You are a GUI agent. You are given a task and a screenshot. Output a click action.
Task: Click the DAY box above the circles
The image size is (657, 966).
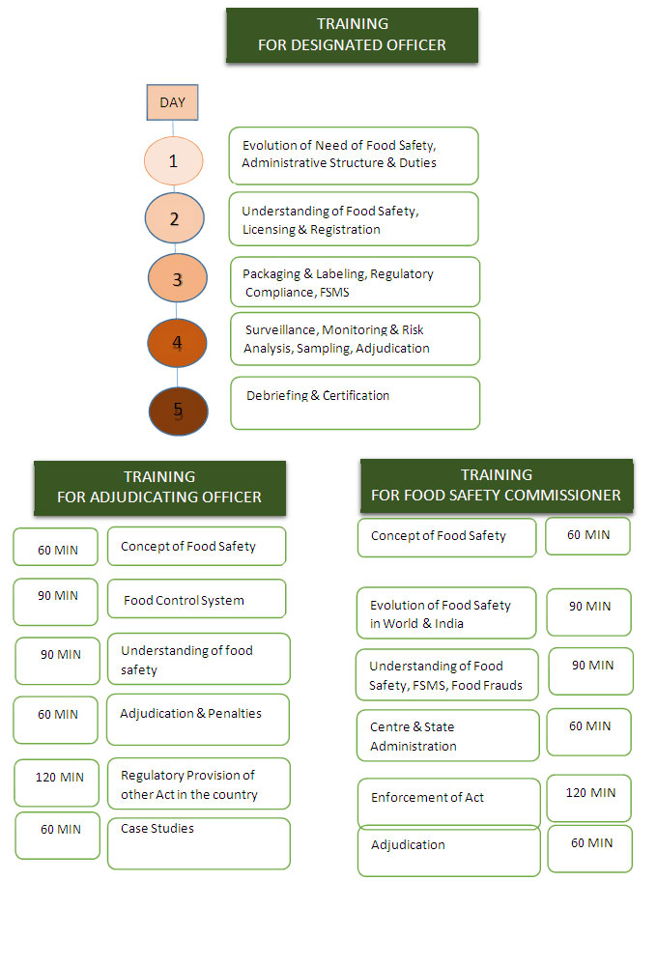point(172,101)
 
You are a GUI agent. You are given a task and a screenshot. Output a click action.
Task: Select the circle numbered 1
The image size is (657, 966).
point(174,160)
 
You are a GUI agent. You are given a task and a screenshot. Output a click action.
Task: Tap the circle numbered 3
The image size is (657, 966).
point(177,279)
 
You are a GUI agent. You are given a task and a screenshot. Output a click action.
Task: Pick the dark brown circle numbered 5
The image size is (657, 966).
point(178,411)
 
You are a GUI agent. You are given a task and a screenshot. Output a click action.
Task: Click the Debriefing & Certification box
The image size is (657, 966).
point(355,403)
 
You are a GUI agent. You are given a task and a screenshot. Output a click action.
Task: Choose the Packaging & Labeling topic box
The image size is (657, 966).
point(355,281)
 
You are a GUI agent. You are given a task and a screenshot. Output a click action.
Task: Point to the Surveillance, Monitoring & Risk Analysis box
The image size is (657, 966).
point(355,339)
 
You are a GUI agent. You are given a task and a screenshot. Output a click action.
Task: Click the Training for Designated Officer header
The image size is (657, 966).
point(352,35)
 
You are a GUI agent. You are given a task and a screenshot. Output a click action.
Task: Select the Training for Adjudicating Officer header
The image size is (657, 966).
point(159,487)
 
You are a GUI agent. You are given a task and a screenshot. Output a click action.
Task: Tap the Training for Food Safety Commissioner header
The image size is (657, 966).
point(497,485)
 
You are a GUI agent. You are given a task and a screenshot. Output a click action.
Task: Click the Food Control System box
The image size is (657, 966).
point(197,599)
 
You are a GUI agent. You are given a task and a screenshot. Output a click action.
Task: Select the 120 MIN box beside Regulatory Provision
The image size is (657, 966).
point(58,782)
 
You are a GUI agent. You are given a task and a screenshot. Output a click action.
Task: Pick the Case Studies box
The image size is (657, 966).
point(199,843)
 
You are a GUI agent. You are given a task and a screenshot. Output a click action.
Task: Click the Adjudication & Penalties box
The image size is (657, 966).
point(198,720)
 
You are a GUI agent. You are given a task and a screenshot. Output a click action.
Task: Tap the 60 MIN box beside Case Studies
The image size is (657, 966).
point(58,836)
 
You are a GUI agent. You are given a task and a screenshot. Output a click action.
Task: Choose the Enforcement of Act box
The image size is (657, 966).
point(448,803)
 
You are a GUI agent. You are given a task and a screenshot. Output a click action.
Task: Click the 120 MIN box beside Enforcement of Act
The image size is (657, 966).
point(589,798)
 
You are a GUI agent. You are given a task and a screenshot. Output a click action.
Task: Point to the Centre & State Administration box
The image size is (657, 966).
point(448,735)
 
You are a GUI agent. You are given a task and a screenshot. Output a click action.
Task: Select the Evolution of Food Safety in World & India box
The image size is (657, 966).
point(446,613)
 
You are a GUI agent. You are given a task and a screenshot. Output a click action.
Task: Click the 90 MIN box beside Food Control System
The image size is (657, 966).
point(56,602)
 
